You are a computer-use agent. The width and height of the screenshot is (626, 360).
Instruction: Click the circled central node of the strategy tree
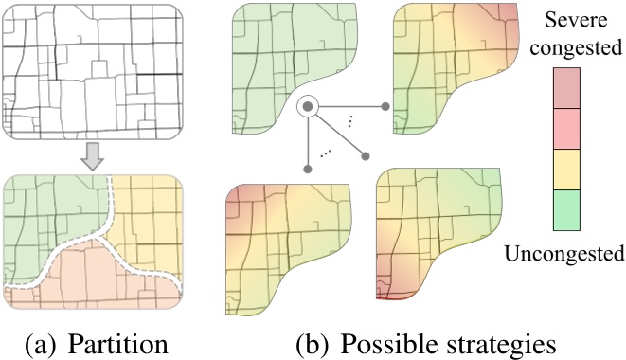[308, 107]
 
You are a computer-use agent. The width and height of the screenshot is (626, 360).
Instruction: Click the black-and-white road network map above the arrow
[93, 72]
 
